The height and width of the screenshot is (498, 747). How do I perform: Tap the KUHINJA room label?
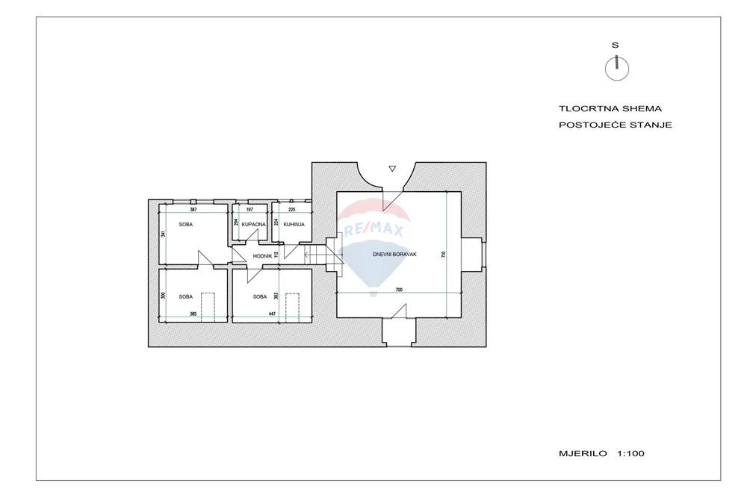(x=294, y=224)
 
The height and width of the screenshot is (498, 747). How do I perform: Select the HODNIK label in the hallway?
(x=262, y=256)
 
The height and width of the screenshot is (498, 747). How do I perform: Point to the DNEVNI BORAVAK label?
(x=394, y=255)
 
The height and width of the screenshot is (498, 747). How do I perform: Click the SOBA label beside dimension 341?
(x=186, y=224)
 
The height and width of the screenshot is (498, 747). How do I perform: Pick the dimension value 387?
(x=193, y=210)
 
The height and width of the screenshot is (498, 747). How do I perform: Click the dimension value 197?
(x=249, y=210)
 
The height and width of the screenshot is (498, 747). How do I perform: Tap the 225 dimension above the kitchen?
(x=291, y=210)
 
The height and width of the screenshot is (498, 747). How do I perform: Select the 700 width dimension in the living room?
(x=399, y=290)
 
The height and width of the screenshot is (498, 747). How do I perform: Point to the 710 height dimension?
(x=443, y=255)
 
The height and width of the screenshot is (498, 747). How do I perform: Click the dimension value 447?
(x=272, y=314)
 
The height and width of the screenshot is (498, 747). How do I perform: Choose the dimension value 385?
(x=193, y=314)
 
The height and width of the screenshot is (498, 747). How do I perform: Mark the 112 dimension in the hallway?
(x=276, y=255)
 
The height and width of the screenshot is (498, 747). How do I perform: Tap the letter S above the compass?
(x=615, y=46)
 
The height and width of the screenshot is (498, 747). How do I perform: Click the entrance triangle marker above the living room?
(x=392, y=169)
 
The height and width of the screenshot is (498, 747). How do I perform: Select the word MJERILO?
(x=583, y=454)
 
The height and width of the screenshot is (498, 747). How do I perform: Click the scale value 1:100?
(x=630, y=454)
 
